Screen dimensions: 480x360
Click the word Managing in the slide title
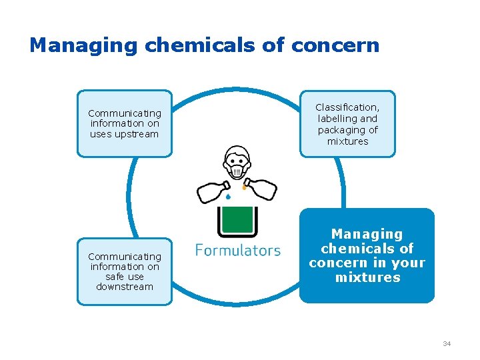84,45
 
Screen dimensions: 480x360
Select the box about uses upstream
125,123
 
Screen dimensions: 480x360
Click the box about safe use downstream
125,271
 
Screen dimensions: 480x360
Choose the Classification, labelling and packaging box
347,124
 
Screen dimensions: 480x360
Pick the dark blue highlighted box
367,256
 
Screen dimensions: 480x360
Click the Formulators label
237,251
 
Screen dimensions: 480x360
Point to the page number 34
447,343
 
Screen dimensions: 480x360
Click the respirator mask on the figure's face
237,172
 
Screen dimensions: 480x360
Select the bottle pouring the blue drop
213,191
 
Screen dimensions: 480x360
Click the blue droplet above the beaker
229,197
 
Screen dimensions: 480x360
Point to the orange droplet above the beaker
245,188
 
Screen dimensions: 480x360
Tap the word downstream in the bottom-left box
125,287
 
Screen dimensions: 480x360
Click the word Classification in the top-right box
347,107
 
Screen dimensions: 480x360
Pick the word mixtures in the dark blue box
367,277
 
